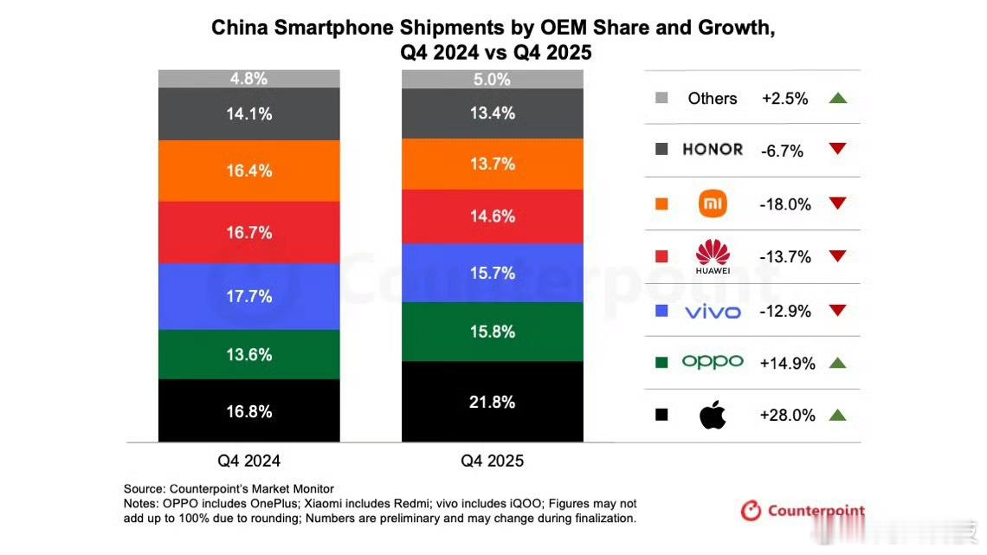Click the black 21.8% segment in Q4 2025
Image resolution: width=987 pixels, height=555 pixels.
pos(492,402)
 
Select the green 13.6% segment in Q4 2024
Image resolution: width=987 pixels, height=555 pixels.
pos(249,354)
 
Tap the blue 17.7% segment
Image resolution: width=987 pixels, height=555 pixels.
pos(249,296)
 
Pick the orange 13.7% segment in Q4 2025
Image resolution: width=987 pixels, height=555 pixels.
pos(492,164)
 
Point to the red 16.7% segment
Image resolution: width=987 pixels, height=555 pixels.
pos(249,232)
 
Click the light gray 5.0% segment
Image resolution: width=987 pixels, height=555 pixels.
pos(492,80)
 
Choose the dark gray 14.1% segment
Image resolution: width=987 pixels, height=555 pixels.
pos(249,113)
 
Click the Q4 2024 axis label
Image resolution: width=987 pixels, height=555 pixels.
pos(249,461)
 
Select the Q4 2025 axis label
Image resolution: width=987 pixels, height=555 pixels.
pos(492,461)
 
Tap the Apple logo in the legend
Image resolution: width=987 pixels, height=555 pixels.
pos(713,416)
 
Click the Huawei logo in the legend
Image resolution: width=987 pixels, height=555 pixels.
pos(713,256)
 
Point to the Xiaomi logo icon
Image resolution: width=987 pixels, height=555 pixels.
pos(713,204)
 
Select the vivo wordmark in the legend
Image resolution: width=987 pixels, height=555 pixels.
pos(713,311)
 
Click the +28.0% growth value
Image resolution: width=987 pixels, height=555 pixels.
pos(787,416)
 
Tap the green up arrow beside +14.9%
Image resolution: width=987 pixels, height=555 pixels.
pos(836,363)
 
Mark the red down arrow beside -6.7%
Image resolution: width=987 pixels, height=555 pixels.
pos(836,149)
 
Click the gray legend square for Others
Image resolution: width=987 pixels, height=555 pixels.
pos(662,98)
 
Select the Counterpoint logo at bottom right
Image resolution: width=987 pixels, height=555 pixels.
pos(803,511)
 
